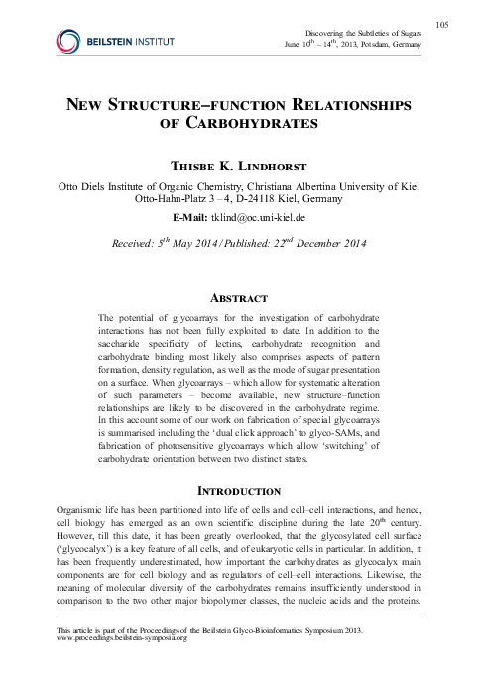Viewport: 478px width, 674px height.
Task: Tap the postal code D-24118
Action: [262, 197]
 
